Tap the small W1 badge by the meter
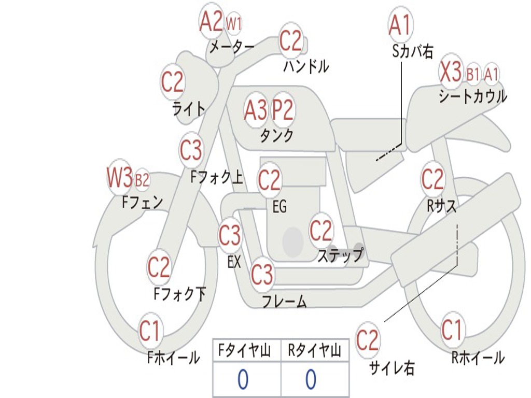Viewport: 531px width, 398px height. point(234,23)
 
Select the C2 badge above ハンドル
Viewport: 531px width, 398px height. point(290,40)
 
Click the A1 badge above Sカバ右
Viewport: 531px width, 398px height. point(400,24)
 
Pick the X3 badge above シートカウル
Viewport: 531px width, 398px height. point(451,72)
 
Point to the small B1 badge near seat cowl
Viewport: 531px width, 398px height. point(473,75)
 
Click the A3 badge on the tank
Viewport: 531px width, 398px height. point(256,110)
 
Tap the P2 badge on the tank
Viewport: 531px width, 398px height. point(283,110)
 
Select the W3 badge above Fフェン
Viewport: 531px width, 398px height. point(120,178)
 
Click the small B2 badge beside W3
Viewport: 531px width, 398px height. point(142,180)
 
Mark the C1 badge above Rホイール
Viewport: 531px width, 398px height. point(452,330)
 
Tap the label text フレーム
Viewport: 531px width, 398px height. point(284,302)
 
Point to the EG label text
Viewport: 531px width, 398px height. point(280,207)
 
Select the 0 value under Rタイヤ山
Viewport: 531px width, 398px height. point(311,380)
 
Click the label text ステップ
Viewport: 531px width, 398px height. point(340,255)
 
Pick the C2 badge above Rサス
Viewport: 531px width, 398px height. point(432,179)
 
